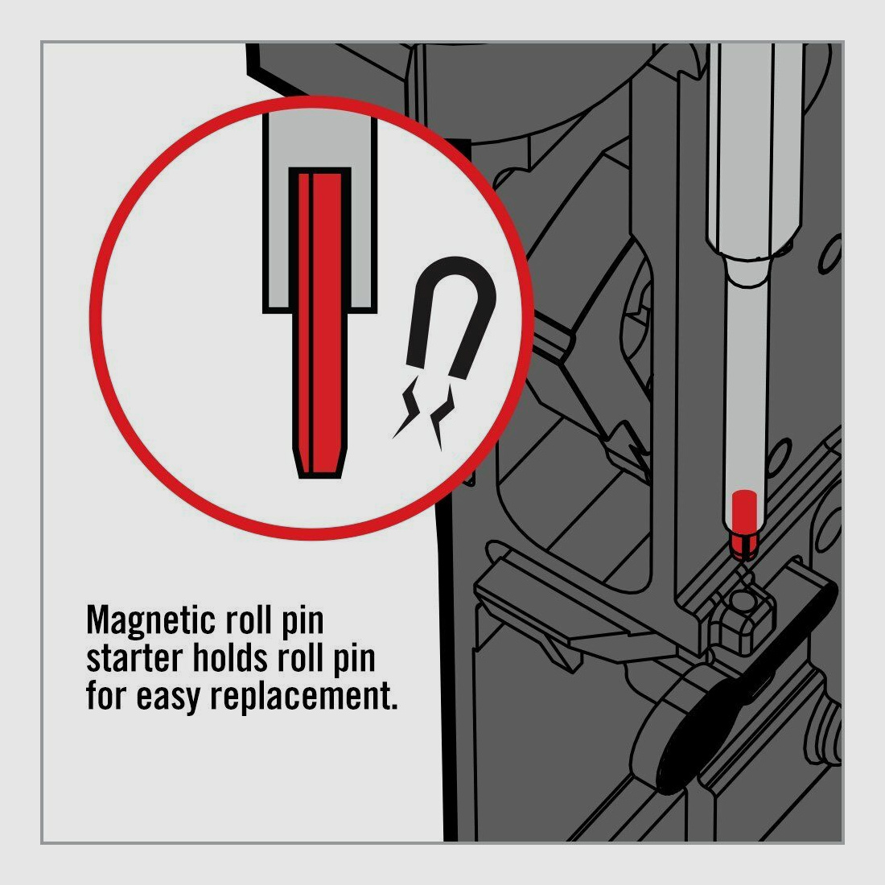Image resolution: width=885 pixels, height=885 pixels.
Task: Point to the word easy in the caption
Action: click(167, 698)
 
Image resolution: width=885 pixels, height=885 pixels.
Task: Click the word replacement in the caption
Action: click(304, 697)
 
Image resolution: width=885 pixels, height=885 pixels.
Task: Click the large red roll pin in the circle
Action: click(319, 324)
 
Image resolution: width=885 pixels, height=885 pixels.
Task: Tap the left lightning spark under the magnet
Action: click(408, 406)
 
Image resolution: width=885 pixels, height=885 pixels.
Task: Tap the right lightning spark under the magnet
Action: click(442, 416)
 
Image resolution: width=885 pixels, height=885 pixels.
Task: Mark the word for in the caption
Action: click(105, 697)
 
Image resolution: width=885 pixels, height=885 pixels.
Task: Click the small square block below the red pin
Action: click(745, 615)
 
